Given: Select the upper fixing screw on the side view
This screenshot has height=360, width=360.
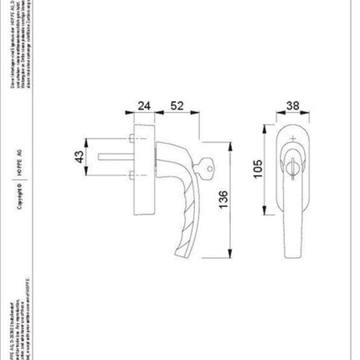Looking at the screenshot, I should click(x=133, y=135).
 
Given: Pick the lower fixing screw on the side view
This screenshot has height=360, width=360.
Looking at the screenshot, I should click(x=133, y=174).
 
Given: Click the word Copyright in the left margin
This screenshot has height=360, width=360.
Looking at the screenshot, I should click(x=19, y=214).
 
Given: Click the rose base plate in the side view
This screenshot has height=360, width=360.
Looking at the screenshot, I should click(x=147, y=154).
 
